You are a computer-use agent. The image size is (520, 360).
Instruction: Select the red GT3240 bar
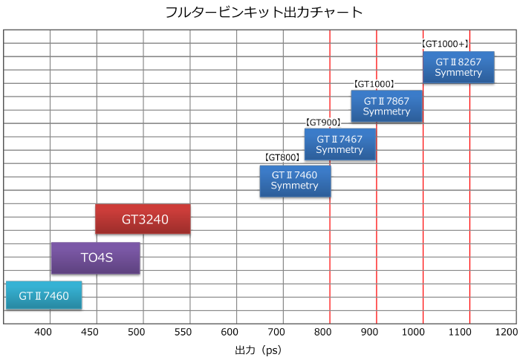point(143,219)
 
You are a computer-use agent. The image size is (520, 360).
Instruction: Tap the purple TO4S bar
point(95,258)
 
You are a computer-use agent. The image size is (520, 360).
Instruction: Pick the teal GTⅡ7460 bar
point(44,295)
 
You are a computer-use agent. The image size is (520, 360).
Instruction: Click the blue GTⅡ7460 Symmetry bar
point(295,180)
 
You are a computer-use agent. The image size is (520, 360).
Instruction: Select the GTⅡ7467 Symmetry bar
point(339,144)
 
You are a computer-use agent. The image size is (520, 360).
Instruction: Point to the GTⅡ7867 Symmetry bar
point(386,106)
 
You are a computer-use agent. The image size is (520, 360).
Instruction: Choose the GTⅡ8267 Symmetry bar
point(458,68)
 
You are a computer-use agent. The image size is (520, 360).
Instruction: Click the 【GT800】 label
point(282,158)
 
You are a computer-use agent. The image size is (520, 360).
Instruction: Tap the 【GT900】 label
point(324,122)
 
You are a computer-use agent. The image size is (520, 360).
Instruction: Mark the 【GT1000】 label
point(373,84)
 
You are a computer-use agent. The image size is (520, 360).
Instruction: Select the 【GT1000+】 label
point(445,45)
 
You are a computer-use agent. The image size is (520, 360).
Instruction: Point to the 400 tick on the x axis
point(49,330)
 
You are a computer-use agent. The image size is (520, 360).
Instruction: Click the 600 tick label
point(235,330)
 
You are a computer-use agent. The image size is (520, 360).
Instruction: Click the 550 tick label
point(188,330)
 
